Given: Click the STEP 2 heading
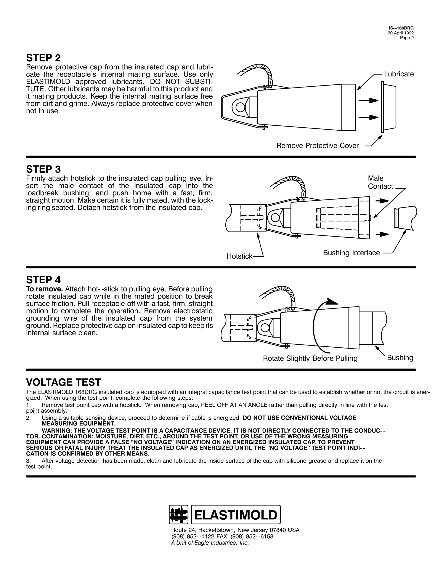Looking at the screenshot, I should tap(43, 58).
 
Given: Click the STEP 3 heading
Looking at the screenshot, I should tap(43, 169).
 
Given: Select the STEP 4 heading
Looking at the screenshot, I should tap(43, 280).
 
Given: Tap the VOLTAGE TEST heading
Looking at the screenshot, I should tap(63, 382).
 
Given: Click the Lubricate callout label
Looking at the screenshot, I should tap(399, 74).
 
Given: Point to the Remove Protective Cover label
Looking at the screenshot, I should tap(317, 146).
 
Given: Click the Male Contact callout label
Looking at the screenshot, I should tap(380, 182).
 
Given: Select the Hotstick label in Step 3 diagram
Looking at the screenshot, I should tap(239, 256).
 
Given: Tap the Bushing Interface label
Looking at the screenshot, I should tap(351, 253).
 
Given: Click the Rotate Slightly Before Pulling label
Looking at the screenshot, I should tap(310, 358).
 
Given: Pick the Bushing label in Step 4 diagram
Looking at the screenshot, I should tap(400, 357).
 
